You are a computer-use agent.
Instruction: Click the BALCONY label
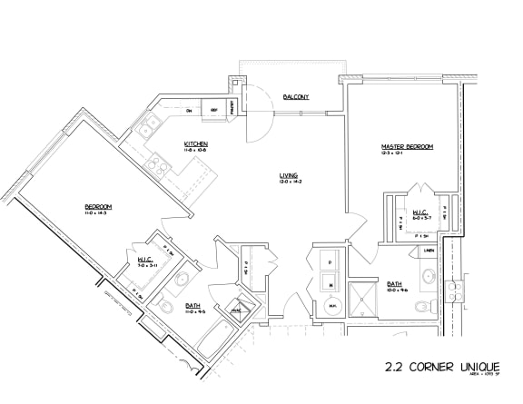(296, 96)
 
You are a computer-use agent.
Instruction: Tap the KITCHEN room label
(197, 143)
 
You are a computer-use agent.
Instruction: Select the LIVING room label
(289, 174)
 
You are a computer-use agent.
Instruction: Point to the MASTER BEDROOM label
(407, 146)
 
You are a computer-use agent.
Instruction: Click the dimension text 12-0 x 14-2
(289, 182)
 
